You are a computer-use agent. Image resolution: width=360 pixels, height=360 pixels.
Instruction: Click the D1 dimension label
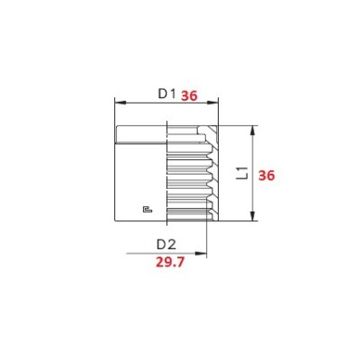(166, 94)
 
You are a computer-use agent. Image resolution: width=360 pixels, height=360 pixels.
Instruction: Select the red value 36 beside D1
(189, 96)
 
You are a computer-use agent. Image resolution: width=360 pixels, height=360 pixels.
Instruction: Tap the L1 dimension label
(242, 173)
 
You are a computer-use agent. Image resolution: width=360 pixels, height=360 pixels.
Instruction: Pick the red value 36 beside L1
(266, 175)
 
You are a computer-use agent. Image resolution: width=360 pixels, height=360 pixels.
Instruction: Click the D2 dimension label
(166, 245)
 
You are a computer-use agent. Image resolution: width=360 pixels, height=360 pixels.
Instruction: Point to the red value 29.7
(170, 263)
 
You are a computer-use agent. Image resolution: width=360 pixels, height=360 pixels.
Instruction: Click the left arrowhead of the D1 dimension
(121, 103)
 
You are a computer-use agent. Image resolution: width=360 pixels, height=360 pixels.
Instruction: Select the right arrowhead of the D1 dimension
(212, 103)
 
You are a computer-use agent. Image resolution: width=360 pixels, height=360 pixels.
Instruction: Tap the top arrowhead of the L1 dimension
(253, 130)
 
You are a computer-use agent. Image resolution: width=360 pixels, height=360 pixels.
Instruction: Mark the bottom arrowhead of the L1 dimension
(253, 216)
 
